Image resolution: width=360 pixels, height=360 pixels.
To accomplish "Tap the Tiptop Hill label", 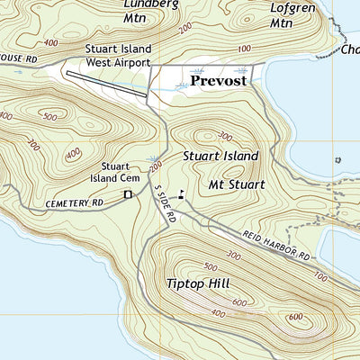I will click(x=198, y=283).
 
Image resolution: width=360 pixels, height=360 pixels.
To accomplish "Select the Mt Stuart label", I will click(x=236, y=185).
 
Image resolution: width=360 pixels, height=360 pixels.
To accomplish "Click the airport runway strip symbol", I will click(x=106, y=81).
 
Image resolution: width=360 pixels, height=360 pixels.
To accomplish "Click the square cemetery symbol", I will click(x=128, y=193).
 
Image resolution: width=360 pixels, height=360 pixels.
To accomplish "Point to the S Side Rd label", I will click(x=166, y=205).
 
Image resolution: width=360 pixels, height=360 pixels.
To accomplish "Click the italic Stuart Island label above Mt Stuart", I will click(x=220, y=156).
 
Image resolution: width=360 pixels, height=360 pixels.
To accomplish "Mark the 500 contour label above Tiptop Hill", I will click(x=211, y=266).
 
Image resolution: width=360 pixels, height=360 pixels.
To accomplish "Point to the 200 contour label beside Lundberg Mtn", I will click(x=185, y=30).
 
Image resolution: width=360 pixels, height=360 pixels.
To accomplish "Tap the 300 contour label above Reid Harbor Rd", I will click(x=236, y=256).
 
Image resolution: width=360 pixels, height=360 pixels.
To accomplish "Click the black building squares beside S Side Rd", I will click(x=181, y=193).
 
